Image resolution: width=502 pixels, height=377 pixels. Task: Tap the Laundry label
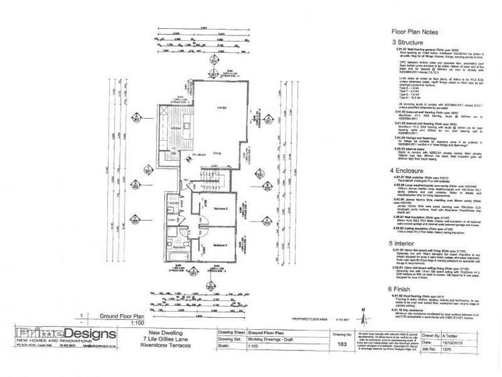coord(173,220)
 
